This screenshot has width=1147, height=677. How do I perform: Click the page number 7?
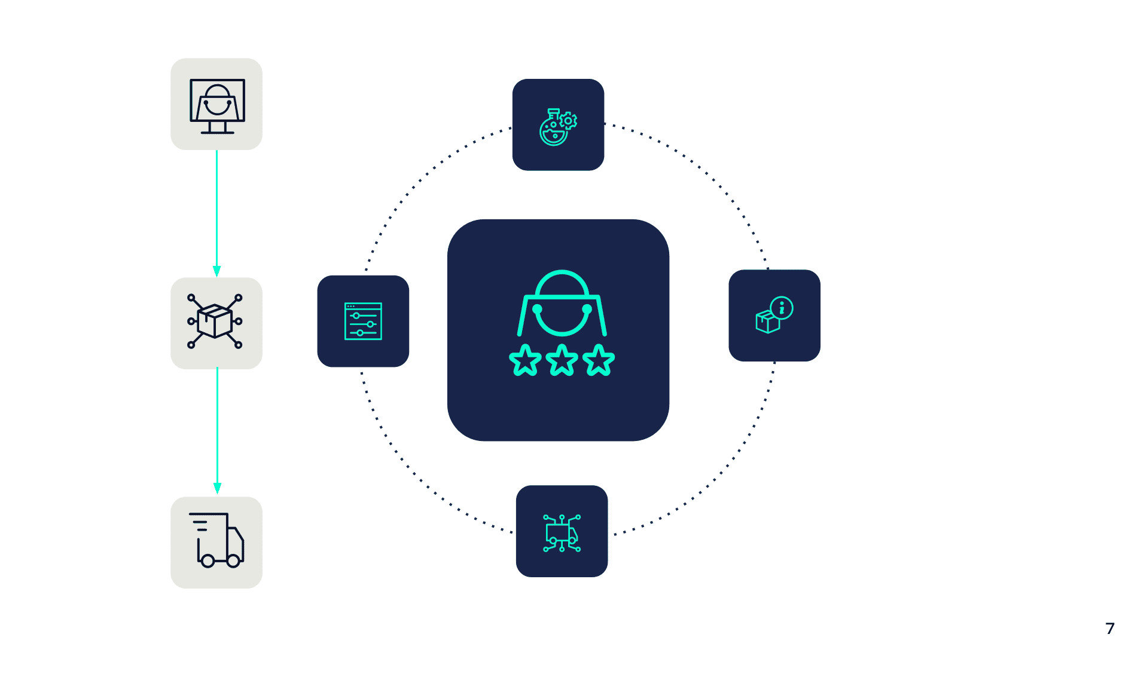1109,628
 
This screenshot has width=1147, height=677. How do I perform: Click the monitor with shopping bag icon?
216,105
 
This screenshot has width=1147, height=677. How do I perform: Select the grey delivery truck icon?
216,541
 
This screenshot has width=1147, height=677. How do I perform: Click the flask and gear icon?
557,126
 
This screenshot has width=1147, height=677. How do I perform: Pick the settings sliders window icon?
363,321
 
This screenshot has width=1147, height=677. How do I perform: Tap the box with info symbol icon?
774,315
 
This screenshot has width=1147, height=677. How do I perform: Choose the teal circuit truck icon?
562,532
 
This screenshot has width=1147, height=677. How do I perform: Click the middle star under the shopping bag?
562,360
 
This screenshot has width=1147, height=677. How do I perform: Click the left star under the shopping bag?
525,360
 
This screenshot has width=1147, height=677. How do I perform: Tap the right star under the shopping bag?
599,360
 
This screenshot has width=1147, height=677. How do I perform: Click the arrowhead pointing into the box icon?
216,271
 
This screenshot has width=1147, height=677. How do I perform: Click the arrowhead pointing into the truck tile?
217,488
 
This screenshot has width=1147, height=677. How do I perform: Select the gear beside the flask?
568,121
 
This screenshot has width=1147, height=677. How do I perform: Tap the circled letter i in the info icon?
782,308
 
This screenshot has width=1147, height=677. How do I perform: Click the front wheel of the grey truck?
233,560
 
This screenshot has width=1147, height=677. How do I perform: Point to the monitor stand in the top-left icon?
217,127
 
